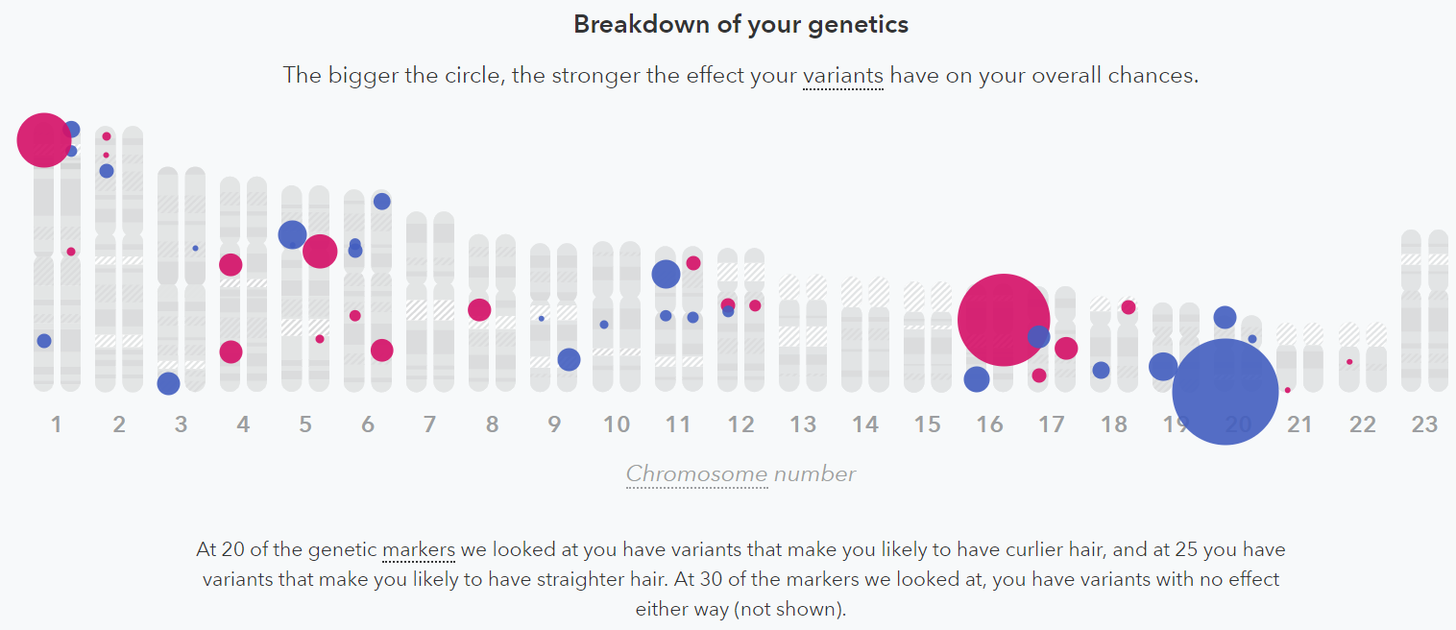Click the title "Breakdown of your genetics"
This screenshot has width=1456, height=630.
pos(740,24)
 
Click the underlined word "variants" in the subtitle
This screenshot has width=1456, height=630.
pos(842,75)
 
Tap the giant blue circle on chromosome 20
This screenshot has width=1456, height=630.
pos(1225,392)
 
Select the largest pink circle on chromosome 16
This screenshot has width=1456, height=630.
pos(1004,320)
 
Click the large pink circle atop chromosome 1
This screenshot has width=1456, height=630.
pos(43,140)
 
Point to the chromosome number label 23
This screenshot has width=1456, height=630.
pos(1424,424)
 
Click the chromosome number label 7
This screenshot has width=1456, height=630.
pos(429,424)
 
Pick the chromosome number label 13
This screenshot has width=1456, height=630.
pos(803,424)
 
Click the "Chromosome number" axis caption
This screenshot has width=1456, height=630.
pos(740,473)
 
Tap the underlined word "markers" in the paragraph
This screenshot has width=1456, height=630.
pos(418,550)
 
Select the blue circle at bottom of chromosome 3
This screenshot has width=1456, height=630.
pos(168,383)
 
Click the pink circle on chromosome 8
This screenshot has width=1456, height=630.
pos(479,310)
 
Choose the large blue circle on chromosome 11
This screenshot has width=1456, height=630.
pos(666,275)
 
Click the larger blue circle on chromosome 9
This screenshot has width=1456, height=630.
pos(569,360)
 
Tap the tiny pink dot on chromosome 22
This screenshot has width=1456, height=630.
pos(1349,362)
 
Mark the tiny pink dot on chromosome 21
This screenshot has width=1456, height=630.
pos(1287,390)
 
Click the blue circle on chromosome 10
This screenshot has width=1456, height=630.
pos(604,325)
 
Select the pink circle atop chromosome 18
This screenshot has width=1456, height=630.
pos(1128,307)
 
